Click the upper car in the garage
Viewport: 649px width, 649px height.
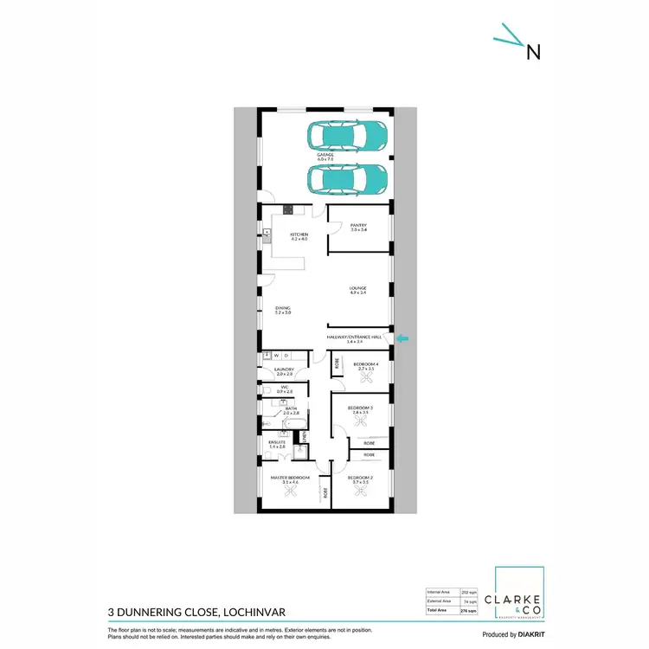[347, 135]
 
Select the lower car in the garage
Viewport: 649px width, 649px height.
[347, 179]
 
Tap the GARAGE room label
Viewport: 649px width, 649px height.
[325, 157]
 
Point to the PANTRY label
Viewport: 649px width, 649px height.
[359, 227]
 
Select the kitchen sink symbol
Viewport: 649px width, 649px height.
[267, 233]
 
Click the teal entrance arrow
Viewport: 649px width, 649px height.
[404, 339]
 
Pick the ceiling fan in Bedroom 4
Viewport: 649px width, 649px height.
[369, 377]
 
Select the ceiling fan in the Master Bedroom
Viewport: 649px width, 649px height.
[291, 491]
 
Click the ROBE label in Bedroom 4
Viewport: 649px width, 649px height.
[337, 363]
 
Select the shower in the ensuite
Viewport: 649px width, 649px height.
[300, 450]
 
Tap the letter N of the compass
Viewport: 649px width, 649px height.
[534, 51]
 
